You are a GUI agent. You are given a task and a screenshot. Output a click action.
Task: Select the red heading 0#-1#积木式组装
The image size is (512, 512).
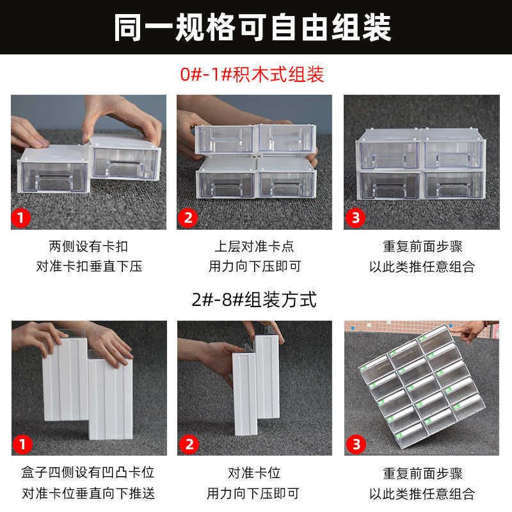pos(252,75)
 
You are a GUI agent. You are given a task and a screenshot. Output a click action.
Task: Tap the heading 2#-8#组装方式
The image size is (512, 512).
pos(254,300)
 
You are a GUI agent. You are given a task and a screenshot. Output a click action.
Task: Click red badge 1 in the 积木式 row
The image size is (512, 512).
pos(22,218)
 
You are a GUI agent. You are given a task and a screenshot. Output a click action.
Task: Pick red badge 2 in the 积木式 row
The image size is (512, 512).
pos(188,218)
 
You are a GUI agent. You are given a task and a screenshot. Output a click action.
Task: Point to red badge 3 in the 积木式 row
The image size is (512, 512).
pos(356,218)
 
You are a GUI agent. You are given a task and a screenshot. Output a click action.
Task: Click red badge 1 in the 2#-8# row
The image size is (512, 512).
pos(22,444)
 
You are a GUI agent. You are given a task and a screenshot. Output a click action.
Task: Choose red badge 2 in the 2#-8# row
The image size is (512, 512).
pos(188,444)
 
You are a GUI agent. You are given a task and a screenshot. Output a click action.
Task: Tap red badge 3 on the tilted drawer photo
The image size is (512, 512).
pos(356,444)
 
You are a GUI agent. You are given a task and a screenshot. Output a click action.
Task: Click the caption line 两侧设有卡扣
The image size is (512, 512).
pos(88,246)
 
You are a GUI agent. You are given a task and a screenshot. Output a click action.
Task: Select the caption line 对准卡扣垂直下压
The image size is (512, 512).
pos(88,266)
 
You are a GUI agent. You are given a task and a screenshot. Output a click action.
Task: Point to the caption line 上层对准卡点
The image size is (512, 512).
pos(254,246)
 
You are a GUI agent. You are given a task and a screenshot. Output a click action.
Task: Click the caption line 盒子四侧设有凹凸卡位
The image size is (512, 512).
pos(88,473)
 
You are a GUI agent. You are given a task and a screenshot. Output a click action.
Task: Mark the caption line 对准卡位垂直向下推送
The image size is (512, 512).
pos(88,493)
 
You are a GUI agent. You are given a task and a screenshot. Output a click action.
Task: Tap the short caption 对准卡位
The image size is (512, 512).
pos(254,473)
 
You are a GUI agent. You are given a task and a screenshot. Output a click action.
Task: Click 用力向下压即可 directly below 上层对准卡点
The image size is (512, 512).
pos(254,266)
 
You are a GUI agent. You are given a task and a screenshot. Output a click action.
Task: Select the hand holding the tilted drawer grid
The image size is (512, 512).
pos(474,332)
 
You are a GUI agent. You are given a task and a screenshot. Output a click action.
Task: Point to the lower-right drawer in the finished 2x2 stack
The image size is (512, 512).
pos(452,184)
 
